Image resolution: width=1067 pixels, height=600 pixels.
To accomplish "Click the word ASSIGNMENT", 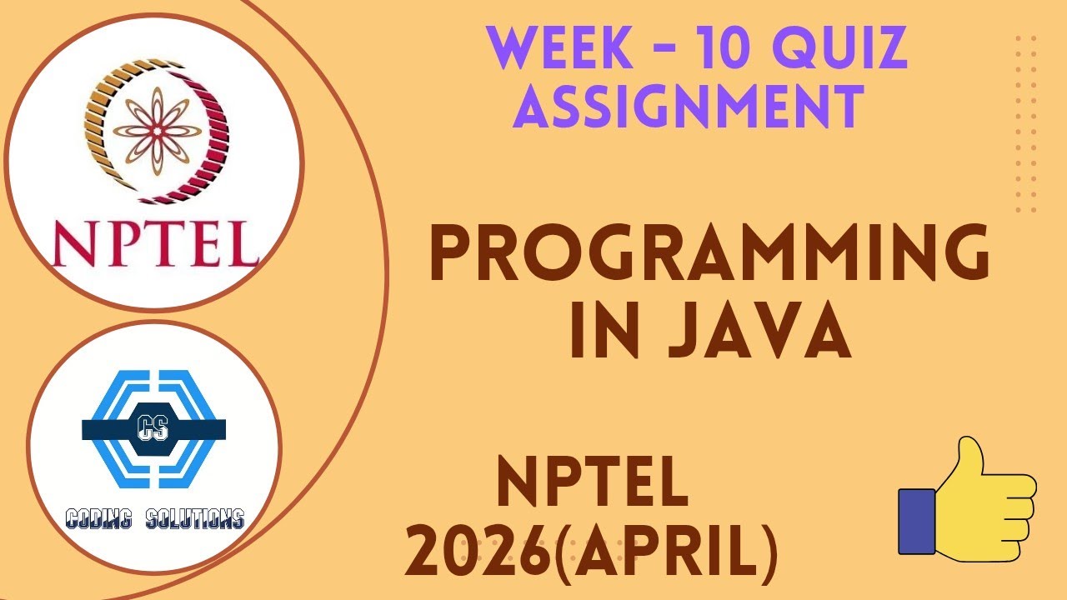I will tap(694, 106).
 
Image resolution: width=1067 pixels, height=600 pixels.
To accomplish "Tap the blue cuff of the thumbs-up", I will tap(916, 522).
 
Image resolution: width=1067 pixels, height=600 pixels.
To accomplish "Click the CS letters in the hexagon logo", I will tap(153, 429).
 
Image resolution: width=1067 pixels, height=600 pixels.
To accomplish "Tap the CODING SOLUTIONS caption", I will tap(154, 519).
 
